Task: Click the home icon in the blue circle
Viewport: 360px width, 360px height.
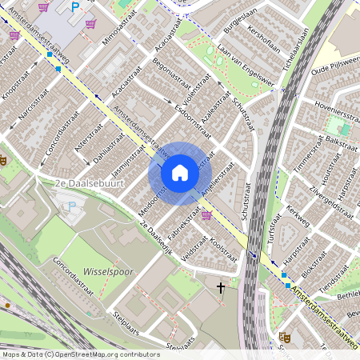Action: click(x=180, y=172)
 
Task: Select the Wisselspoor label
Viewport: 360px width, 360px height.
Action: click(x=107, y=272)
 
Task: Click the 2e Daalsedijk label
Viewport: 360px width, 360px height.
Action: click(x=157, y=236)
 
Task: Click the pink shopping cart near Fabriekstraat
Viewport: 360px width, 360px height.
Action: click(x=206, y=215)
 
